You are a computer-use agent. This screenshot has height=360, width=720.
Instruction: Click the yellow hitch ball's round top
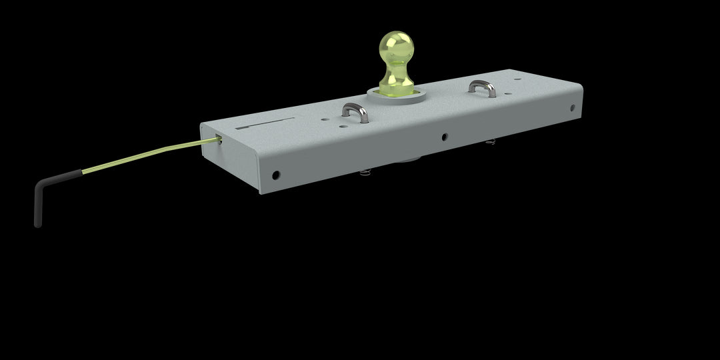click(397, 45)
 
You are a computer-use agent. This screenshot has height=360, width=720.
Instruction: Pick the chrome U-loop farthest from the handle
click(479, 87)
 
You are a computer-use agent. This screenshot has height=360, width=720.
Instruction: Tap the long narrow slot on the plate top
click(265, 124)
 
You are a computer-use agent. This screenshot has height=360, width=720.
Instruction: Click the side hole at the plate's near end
click(275, 176)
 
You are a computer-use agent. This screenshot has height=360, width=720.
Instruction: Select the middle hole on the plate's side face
click(444, 138)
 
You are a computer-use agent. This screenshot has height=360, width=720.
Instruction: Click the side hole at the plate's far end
click(572, 108)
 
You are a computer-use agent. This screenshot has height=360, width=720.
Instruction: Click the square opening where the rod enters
click(219, 138)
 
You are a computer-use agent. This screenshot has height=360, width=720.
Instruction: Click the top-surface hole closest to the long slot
click(323, 121)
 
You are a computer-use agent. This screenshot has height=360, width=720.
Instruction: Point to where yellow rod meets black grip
click(82, 172)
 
